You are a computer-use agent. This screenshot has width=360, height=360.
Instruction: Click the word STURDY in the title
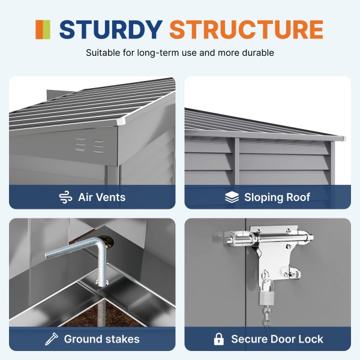[111, 29]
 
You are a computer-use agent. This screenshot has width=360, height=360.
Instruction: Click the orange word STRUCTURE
[247, 29]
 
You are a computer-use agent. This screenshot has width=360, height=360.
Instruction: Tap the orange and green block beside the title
[43, 29]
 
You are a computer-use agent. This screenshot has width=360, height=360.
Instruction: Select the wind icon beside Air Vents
[65, 197]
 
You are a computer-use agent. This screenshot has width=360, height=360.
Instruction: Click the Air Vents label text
[102, 197]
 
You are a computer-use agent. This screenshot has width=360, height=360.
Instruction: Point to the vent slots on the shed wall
[89, 146]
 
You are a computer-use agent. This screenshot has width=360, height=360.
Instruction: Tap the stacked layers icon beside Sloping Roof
[232, 197]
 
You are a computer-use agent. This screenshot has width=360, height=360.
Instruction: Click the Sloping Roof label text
[277, 197]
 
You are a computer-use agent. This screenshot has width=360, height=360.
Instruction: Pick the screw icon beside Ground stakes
[52, 339]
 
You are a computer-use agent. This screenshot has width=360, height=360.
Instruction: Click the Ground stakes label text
[102, 339]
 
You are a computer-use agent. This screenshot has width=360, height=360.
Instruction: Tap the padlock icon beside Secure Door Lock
[219, 339]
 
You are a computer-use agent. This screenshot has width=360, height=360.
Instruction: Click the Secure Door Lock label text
[277, 339]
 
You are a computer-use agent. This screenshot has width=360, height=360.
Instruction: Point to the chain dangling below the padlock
[267, 316]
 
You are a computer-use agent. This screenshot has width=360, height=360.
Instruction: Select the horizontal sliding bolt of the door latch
[269, 238]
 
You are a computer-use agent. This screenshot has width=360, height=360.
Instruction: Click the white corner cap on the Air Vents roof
[121, 121]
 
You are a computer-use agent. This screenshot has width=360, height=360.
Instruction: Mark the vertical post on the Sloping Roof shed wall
[237, 161]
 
